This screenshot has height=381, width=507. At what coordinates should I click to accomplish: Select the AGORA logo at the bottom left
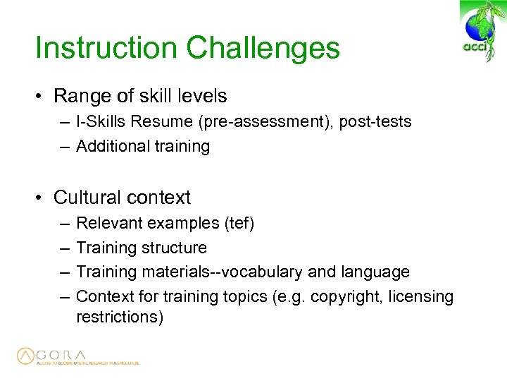tap(77, 356)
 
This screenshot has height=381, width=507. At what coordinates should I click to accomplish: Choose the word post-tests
tap(375, 122)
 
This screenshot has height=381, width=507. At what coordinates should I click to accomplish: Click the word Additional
tap(108, 147)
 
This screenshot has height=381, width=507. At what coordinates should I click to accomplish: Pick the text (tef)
tap(239, 224)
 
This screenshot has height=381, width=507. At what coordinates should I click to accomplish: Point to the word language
tap(375, 272)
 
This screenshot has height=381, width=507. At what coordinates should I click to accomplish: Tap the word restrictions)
tap(120, 317)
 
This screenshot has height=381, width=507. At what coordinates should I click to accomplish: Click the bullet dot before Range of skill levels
tap(42, 96)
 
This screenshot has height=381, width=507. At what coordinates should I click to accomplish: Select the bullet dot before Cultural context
tap(42, 198)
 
